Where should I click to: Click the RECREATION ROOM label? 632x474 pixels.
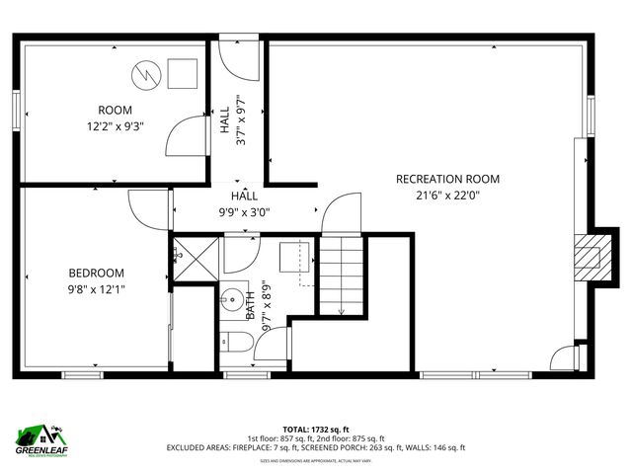(x=447, y=179)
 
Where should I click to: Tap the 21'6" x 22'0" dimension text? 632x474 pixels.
(x=447, y=196)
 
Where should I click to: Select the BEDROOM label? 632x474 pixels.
(x=96, y=273)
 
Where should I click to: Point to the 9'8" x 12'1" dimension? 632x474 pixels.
(x=96, y=288)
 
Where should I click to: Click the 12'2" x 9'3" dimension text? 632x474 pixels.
(x=116, y=125)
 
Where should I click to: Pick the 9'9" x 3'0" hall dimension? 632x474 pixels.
(x=244, y=211)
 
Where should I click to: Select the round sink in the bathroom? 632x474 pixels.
(x=233, y=296)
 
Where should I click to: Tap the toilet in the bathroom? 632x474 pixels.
(x=233, y=343)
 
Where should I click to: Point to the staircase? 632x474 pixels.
(x=342, y=276)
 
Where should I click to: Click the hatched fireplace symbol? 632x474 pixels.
(x=589, y=254)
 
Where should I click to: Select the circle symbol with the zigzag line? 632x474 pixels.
(x=145, y=73)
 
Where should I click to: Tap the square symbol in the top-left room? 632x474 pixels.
(x=180, y=72)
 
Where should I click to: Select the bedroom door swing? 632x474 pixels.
(x=149, y=209)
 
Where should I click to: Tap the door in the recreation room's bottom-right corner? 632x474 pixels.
(x=563, y=358)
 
